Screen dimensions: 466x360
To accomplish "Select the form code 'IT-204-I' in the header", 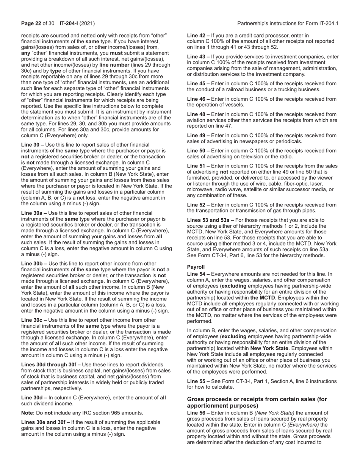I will click(69, 23).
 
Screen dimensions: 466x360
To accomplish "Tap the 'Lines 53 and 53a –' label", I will click(210, 220).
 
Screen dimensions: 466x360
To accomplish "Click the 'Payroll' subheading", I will click(196, 267).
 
